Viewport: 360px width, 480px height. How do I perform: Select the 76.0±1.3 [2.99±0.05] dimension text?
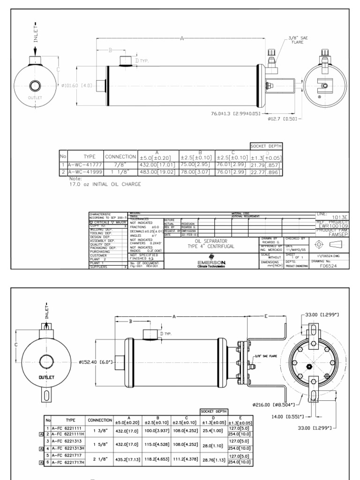coord(235,112)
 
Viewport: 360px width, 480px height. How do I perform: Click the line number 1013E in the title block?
coord(338,217)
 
